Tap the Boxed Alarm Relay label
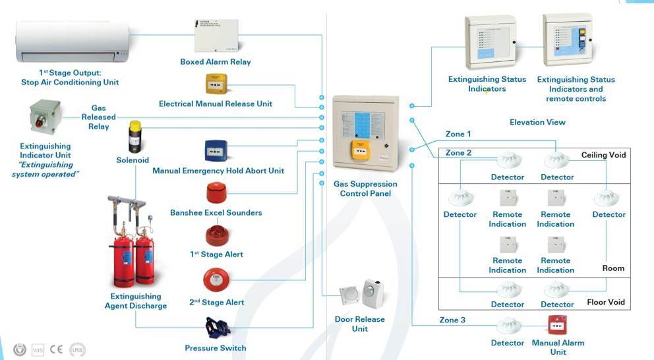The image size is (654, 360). tap(216, 62)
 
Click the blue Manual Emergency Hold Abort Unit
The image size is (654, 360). tap(216, 151)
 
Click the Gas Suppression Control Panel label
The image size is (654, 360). tap(365, 189)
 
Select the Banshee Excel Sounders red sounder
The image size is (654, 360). tap(216, 193)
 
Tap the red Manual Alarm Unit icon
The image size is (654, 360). tap(558, 324)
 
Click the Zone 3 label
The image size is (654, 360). tap(453, 320)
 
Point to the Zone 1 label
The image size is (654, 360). tap(458, 134)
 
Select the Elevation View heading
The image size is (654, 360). tap(537, 122)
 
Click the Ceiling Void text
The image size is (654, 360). tap(603, 155)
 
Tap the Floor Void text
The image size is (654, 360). tap(605, 303)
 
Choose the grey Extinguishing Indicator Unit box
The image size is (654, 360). tap(45, 117)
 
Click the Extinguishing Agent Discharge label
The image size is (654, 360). tap(136, 301)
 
